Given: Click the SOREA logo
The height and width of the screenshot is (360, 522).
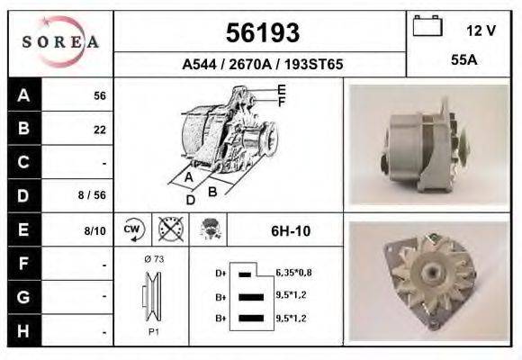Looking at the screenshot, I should tap(60, 42).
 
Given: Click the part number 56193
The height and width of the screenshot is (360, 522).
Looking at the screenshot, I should tap(261, 33).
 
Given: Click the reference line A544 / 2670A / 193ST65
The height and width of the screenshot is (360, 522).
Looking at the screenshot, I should tap(262, 65).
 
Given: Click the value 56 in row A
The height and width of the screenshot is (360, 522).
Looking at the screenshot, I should tap(100, 95).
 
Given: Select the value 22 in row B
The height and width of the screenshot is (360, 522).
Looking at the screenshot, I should tap(100, 129).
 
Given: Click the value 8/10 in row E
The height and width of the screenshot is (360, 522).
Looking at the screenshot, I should tap(94, 230).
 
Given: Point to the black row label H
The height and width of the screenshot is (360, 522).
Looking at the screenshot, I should tap(23, 330).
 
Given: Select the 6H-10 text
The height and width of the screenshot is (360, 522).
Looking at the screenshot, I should tap(290, 231).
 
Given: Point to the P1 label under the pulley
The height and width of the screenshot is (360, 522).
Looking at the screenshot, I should tap(153, 331).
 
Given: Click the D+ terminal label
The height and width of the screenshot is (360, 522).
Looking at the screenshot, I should tap(220, 272).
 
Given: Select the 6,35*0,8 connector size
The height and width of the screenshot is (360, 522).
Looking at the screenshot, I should tap(293, 272).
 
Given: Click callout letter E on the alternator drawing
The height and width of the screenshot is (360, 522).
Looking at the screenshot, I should tap(282, 88).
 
